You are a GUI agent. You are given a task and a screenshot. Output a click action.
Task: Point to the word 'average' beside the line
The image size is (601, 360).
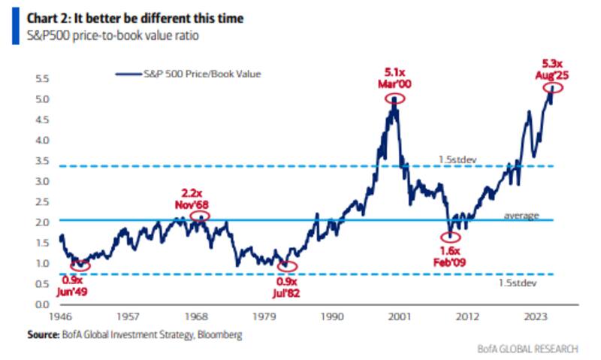[521, 216]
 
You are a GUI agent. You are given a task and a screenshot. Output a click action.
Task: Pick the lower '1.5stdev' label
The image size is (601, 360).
[517, 283]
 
